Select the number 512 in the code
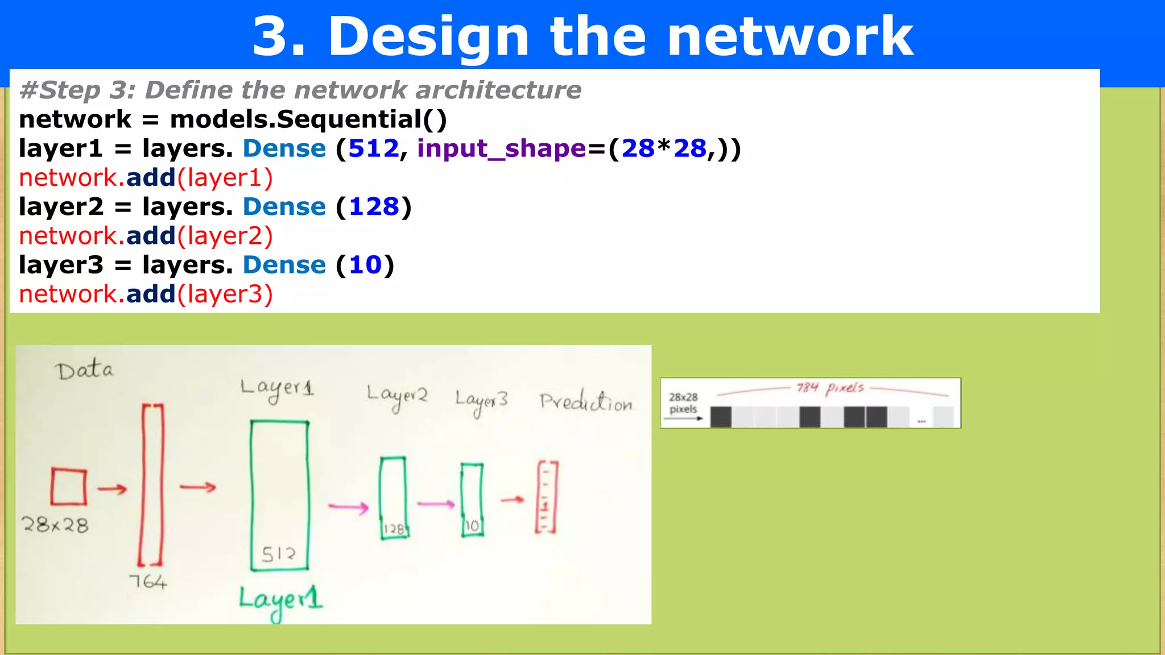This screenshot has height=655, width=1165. (x=374, y=148)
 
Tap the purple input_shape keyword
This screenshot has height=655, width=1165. (x=501, y=148)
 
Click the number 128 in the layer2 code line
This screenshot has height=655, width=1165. (x=374, y=206)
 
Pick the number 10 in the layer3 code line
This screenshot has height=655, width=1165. (x=365, y=265)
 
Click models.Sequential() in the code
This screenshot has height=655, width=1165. (x=308, y=119)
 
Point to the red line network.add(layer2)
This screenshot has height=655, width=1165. (x=146, y=236)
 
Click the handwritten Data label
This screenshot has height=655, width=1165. (x=84, y=370)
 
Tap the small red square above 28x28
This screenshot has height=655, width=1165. (x=69, y=486)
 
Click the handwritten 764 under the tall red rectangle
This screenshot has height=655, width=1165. (x=147, y=581)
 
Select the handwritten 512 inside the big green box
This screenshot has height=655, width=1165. (x=278, y=553)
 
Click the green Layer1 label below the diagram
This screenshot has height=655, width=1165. (x=280, y=600)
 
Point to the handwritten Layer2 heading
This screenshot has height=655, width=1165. (x=396, y=395)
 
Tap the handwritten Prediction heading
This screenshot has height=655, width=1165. (x=586, y=401)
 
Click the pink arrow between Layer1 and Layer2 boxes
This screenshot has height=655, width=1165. (x=349, y=506)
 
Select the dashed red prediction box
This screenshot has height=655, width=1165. (x=546, y=497)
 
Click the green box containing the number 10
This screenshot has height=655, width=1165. (x=472, y=500)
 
